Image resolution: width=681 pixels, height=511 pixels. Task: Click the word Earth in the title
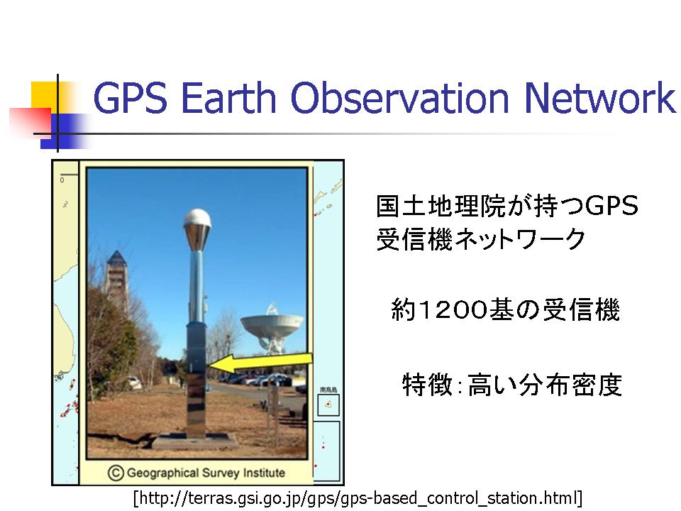[x=228, y=98]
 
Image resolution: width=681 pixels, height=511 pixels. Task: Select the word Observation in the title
[x=399, y=98]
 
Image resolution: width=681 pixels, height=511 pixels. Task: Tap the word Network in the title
[x=600, y=98]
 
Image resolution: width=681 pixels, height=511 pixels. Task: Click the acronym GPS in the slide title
[x=130, y=98]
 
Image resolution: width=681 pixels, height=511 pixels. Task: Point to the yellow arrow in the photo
[x=260, y=363]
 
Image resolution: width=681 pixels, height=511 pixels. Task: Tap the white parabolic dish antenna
[x=272, y=329]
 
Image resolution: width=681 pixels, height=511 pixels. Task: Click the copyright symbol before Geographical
[x=116, y=473]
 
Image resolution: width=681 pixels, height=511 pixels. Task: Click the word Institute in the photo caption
[x=264, y=473]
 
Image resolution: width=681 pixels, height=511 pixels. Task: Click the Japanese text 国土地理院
[x=441, y=206]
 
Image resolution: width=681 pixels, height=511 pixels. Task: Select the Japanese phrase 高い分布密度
[x=545, y=385]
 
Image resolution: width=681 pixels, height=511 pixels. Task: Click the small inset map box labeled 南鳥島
[x=328, y=405]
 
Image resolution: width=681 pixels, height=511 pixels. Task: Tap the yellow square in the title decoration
[x=45, y=98]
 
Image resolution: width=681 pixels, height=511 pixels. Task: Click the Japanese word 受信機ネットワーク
[x=481, y=239]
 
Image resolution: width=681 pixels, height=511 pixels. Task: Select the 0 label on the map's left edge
[x=62, y=180]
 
